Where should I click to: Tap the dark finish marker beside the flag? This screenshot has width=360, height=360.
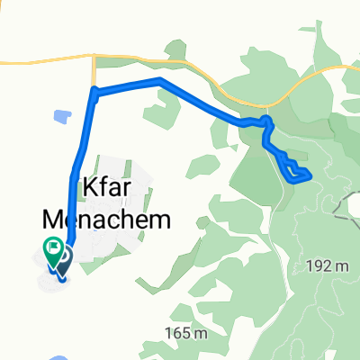click(66, 259)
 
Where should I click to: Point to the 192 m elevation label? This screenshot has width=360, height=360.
click(327, 266)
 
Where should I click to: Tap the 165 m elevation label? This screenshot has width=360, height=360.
click(190, 334)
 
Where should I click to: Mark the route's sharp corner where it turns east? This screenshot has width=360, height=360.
click(94, 90)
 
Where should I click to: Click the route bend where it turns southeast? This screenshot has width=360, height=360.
click(160, 82)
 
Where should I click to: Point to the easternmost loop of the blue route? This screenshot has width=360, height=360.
click(305, 173)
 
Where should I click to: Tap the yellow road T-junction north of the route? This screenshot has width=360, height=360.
click(94, 60)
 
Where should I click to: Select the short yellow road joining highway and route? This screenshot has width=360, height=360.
click(94, 75)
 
